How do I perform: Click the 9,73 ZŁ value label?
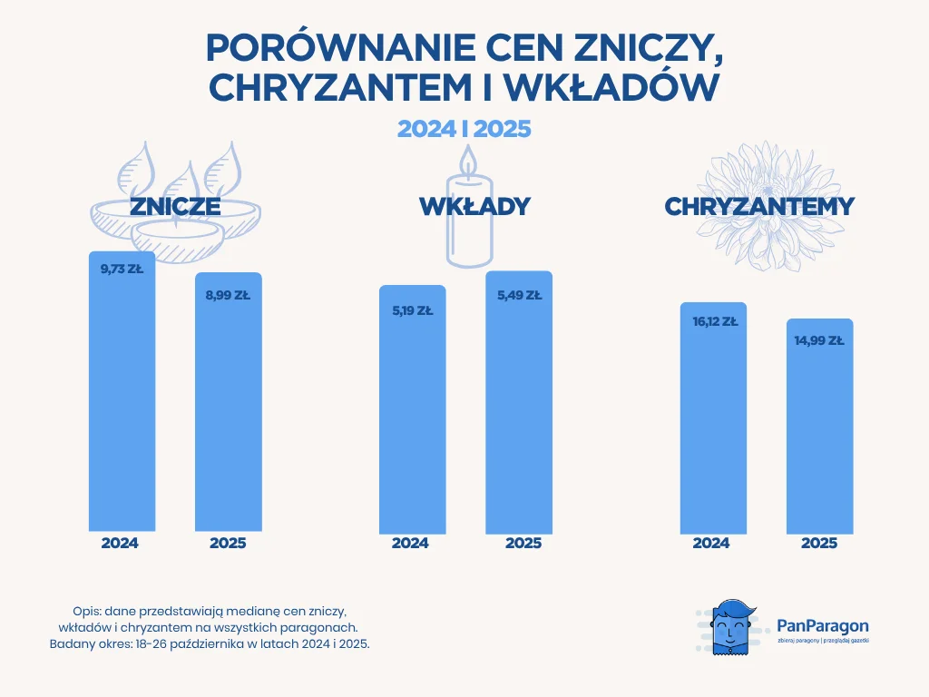[x=121, y=269]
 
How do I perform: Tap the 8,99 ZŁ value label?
[x=229, y=295]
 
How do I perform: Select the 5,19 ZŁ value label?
[x=412, y=310]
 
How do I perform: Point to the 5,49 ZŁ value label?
[x=519, y=295]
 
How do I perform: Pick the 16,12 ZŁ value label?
[x=714, y=321]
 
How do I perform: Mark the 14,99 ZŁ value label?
[x=820, y=341]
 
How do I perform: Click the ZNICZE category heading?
[x=175, y=207]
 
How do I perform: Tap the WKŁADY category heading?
[x=474, y=207]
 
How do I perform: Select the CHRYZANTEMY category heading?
[x=759, y=207]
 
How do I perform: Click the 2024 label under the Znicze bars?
[x=120, y=544]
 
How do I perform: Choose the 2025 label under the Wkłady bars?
[x=523, y=544]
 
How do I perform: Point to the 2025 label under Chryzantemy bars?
[x=819, y=544]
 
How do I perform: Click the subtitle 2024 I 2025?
[x=464, y=129]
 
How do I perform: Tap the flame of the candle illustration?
[x=467, y=161]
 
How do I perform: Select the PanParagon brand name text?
[x=823, y=625]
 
